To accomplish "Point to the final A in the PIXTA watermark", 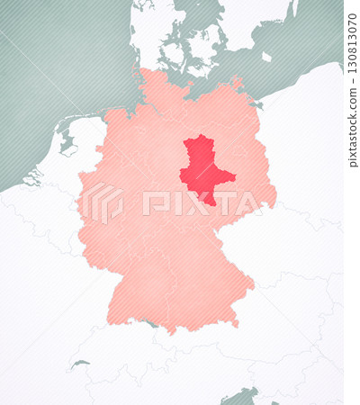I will pyautogui.click(x=248, y=203).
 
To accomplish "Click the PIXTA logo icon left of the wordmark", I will pyautogui.click(x=103, y=203).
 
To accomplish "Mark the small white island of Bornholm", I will pyautogui.click(x=266, y=57).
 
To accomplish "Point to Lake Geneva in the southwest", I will pyautogui.click(x=80, y=364).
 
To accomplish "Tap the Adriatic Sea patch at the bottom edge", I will pyautogui.click(x=241, y=396).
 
